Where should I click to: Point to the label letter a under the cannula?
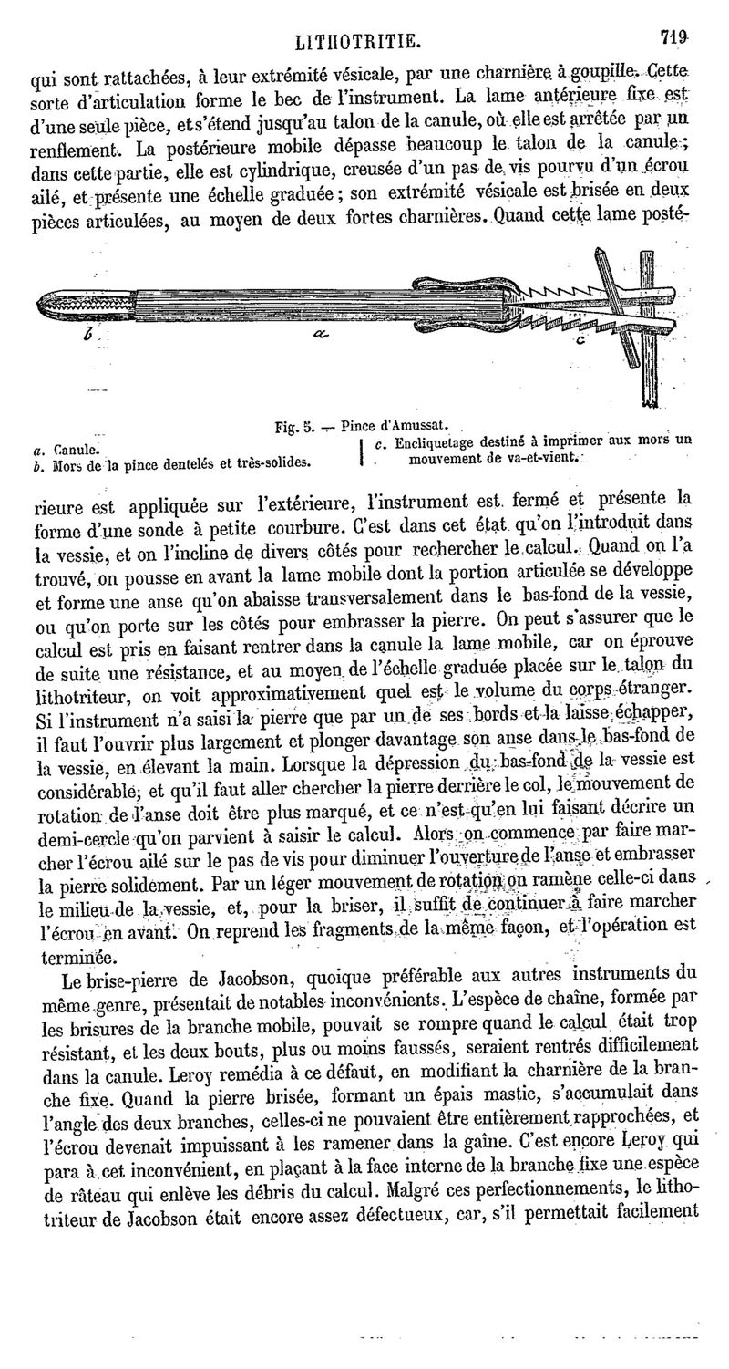coord(319,335)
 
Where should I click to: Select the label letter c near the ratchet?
coord(580,341)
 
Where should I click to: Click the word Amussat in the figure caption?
coord(416,425)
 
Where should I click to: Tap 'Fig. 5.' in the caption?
coord(294,426)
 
